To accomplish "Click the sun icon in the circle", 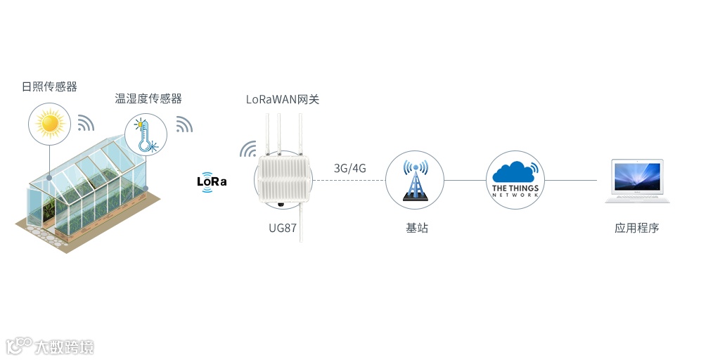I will pos(50,124).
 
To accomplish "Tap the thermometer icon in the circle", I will pos(146,134).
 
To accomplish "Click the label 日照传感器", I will pos(49,87).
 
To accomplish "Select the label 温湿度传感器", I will pos(148,99).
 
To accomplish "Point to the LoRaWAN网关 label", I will pos(283,100).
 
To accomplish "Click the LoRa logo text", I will pos(212,181).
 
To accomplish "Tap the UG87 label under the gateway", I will pos(283,229).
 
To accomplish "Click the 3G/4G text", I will pos(349,168).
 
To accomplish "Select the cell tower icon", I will pos(415,181).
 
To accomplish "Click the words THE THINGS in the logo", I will pos(515,188).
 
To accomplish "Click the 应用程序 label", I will pos(637,229).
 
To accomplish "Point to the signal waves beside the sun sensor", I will pos(86,123).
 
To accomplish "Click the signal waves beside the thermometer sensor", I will pos(184,124).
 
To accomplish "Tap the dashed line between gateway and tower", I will pos(349,180).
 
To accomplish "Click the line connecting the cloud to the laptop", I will pos(571,180).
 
